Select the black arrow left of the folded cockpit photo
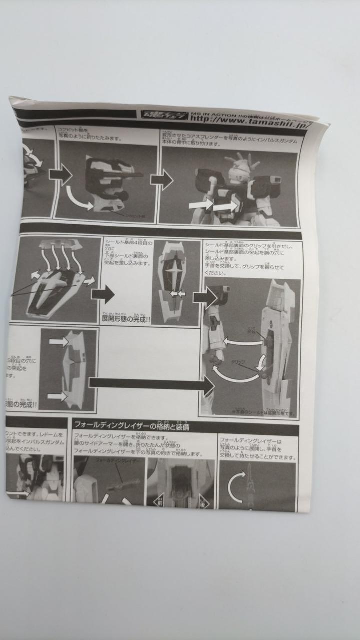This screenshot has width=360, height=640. pyautogui.click(x=60, y=174)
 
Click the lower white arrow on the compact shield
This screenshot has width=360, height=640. pyautogui.click(x=57, y=396)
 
